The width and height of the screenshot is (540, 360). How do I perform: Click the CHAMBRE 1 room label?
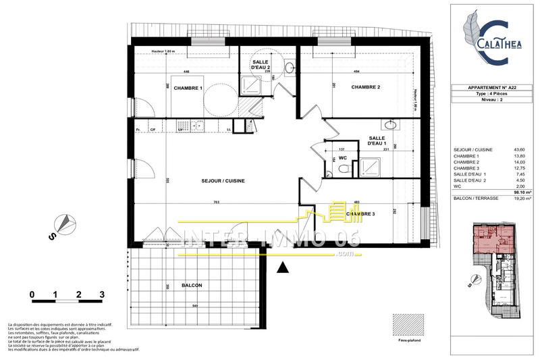pyautogui.click(x=188, y=88)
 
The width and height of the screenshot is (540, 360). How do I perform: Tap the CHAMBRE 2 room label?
pyautogui.click(x=365, y=87)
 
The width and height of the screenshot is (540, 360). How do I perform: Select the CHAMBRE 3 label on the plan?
pyautogui.click(x=362, y=214)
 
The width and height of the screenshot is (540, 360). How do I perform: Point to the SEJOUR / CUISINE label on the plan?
pyautogui.click(x=223, y=181)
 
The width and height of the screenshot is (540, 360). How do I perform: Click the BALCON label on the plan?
pyautogui.click(x=192, y=286)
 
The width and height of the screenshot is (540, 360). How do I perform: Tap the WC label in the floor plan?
pyautogui.click(x=343, y=158)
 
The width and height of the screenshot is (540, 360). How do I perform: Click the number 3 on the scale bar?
pyautogui.click(x=101, y=295)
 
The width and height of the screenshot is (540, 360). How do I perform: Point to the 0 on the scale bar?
pyautogui.click(x=32, y=295)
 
